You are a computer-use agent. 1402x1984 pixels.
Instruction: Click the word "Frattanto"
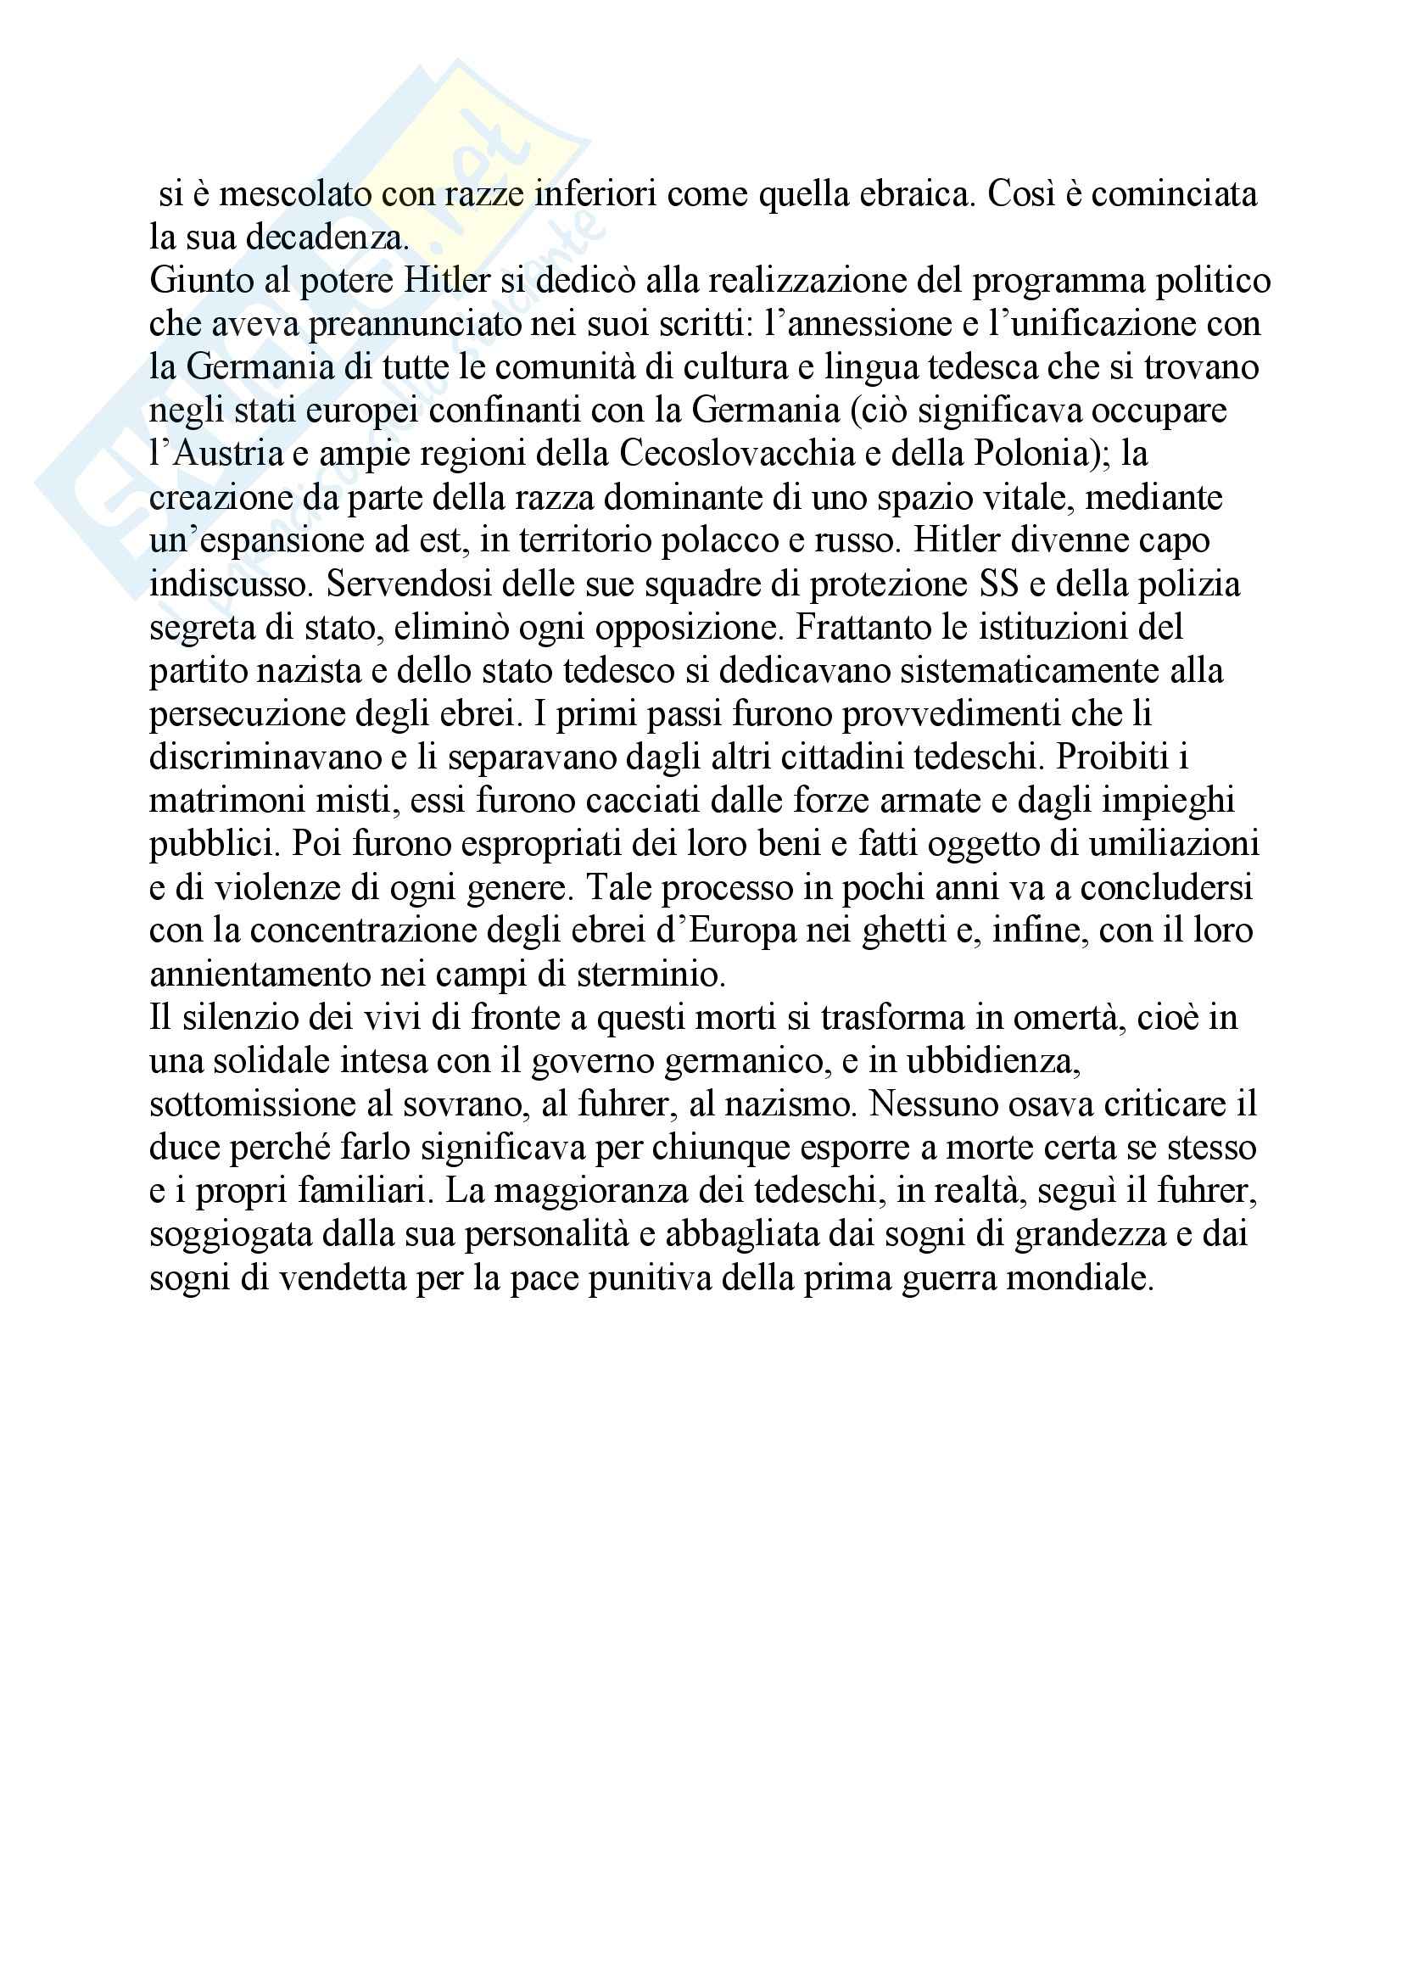tap(863, 629)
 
